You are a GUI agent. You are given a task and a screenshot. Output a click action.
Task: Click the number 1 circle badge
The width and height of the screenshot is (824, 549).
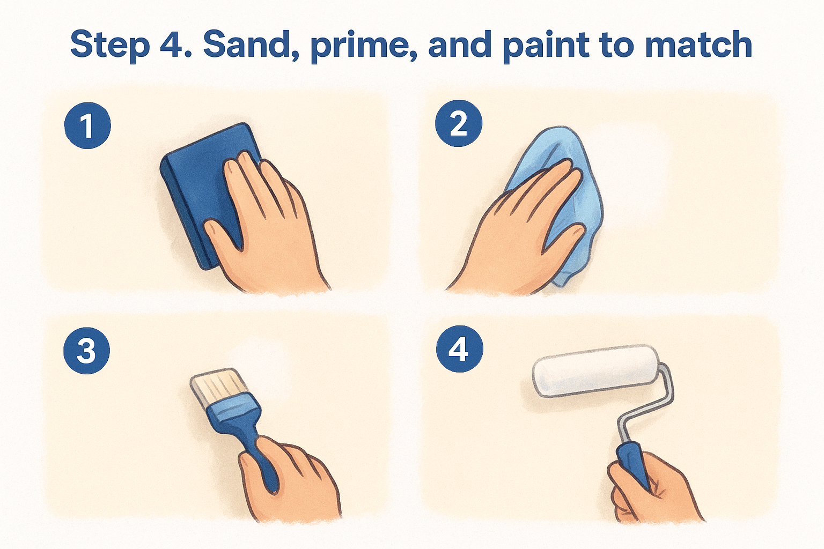(x=87, y=125)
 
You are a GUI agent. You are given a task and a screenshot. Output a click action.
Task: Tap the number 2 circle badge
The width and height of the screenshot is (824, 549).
(x=458, y=123)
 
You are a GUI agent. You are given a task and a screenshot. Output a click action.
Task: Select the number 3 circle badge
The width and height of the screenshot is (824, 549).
(x=87, y=351)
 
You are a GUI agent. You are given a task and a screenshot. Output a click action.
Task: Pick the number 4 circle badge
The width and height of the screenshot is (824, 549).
(x=459, y=349)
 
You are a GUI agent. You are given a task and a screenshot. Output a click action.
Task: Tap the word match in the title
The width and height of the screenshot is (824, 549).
(x=698, y=45)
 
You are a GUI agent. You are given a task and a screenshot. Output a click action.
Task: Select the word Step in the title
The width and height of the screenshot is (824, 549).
(x=109, y=47)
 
